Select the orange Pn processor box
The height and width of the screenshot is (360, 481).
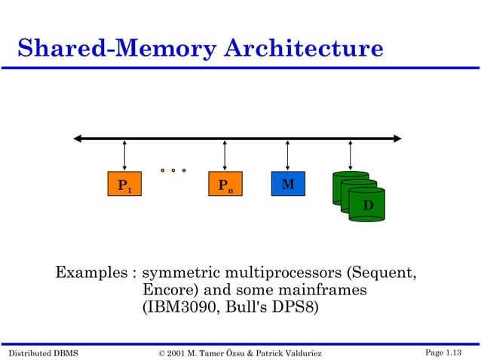coord(224,185)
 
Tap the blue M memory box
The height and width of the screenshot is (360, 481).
coord(287,185)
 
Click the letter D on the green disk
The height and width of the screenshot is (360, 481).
coord(368,206)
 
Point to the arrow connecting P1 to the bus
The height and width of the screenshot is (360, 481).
coord(124,154)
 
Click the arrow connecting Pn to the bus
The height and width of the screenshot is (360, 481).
coord(225,154)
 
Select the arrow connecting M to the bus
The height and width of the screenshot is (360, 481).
coord(287,154)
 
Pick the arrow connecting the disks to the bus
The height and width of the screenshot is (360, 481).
coord(350,154)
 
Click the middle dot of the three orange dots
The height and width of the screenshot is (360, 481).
coord(173,170)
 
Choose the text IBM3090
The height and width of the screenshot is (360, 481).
coord(176,308)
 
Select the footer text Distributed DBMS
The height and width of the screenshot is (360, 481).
coord(41,352)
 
